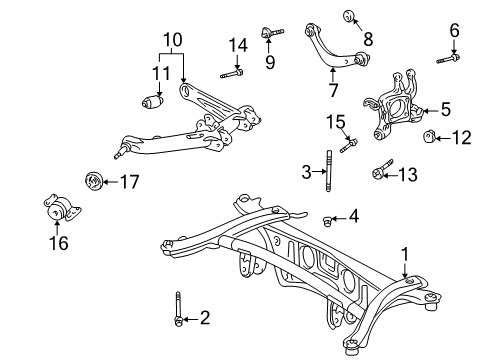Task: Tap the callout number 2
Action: click(x=204, y=318)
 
